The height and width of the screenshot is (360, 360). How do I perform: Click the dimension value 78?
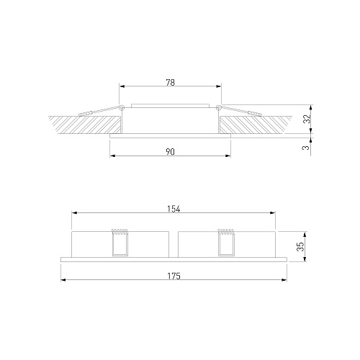pos(170,83)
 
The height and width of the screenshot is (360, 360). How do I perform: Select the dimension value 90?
pos(170,152)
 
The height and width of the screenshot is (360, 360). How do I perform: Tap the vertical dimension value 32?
pos(307,119)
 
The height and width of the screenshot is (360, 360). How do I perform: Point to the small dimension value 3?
pos(307,148)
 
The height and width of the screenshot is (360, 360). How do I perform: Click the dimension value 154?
pos(174,209)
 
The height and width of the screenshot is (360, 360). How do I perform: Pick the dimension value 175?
pos(174,276)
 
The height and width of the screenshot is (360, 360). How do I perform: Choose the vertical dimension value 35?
pos(300,246)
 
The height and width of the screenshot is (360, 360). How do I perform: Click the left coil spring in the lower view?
pos(120,232)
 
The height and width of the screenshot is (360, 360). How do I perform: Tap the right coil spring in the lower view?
pos(225,232)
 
